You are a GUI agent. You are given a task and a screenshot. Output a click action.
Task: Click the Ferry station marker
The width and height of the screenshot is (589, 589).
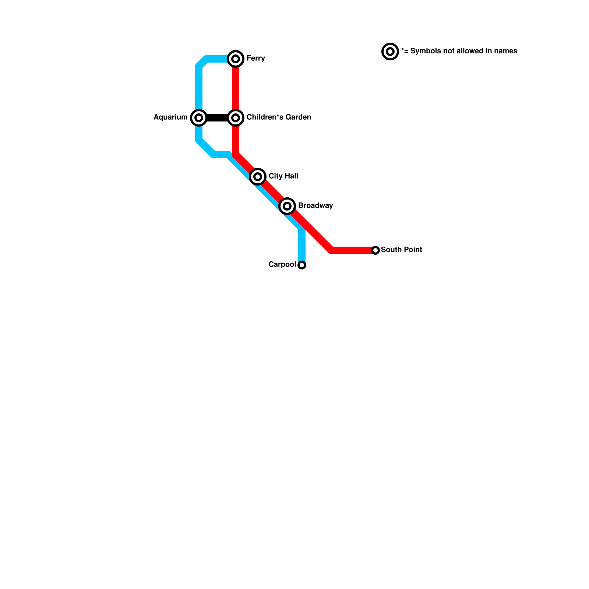[x=236, y=59]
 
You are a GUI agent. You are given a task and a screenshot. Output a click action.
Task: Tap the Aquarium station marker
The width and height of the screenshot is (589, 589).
[x=199, y=118]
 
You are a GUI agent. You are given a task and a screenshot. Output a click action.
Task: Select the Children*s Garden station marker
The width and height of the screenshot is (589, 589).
[x=236, y=118]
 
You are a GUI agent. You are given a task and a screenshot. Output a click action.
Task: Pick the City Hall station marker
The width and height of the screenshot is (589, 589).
[x=258, y=177]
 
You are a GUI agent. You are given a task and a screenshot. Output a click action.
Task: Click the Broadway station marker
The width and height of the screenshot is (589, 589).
[x=287, y=206]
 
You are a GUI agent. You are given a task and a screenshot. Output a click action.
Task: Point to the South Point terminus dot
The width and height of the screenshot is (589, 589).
[x=375, y=250]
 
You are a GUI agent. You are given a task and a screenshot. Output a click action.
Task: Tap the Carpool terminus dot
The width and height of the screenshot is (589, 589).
[x=302, y=265]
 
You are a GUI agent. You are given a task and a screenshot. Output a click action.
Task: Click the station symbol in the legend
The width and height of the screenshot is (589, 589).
[x=390, y=52]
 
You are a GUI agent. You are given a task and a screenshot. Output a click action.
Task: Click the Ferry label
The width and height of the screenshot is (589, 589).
[x=255, y=59]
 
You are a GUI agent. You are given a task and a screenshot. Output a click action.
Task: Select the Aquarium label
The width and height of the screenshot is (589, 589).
[x=170, y=117]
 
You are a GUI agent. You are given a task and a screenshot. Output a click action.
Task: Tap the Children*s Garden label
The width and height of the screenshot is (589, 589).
[x=279, y=117]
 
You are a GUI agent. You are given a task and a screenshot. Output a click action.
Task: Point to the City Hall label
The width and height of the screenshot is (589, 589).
[x=283, y=176]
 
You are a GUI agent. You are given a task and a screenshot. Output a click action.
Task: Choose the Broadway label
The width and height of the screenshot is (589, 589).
[x=315, y=206]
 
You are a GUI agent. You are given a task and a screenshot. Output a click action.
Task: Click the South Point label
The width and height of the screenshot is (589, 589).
[x=401, y=250]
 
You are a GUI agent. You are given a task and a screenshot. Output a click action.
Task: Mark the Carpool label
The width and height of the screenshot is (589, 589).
[x=282, y=265]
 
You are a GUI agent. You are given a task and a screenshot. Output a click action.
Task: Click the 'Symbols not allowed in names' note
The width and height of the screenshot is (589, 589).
[x=459, y=51]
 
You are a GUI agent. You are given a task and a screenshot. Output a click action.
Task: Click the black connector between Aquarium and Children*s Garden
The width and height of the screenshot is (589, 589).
[x=217, y=118]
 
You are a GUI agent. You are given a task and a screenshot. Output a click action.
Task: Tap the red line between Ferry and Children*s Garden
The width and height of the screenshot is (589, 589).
[x=236, y=88]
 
